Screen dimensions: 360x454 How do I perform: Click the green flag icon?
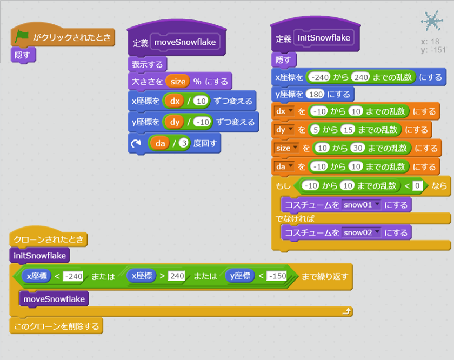pos(22,37)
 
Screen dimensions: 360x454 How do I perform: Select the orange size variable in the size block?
pos(178,82)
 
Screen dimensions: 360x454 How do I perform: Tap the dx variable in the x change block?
pos(175,102)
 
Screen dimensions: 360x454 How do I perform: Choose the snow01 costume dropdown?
pos(362,205)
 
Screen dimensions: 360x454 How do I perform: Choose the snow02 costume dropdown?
pos(362,232)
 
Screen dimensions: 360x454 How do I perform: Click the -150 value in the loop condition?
pos(276,276)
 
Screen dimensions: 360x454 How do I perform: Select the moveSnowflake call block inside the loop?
pos(54,298)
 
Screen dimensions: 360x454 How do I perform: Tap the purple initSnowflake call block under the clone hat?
pos(39,255)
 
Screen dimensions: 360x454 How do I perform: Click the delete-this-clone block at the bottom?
pos(56,326)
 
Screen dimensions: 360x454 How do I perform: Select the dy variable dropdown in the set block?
pos(284,130)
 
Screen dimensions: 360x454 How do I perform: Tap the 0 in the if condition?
pos(417,185)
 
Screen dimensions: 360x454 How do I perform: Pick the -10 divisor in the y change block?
pos(202,122)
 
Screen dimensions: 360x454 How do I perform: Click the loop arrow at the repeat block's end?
pos(347,311)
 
